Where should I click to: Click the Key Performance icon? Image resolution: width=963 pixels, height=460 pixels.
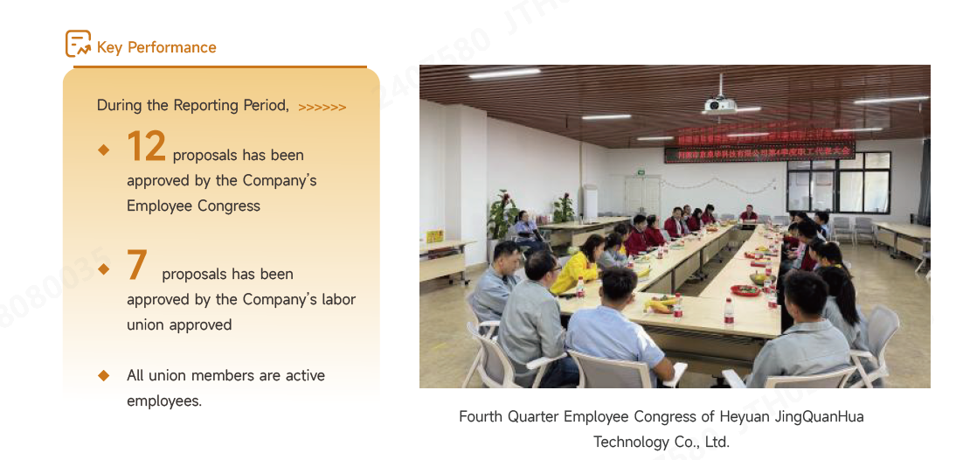click(x=78, y=44)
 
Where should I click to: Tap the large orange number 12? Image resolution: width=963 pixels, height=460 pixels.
click(x=146, y=146)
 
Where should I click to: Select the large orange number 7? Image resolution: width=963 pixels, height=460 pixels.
click(x=136, y=265)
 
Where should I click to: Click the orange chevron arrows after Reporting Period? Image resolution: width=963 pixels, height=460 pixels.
click(x=322, y=108)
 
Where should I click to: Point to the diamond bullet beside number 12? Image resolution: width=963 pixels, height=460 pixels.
click(x=104, y=150)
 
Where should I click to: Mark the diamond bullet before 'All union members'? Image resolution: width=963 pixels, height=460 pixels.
click(x=104, y=375)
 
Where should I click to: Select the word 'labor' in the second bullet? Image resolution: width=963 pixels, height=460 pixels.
click(x=337, y=299)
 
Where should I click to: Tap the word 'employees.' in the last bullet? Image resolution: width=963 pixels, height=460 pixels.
click(x=164, y=401)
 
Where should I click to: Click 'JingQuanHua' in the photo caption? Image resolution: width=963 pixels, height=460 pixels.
click(x=819, y=416)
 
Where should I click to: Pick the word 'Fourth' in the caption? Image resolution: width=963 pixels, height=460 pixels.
click(x=481, y=416)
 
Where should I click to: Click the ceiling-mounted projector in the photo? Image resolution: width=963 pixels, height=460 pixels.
click(x=720, y=105)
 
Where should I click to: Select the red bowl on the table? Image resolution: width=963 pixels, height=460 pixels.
click(x=745, y=290)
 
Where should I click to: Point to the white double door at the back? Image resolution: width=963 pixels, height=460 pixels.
click(x=642, y=197)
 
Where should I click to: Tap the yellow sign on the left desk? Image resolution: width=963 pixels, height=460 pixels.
click(x=434, y=236)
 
